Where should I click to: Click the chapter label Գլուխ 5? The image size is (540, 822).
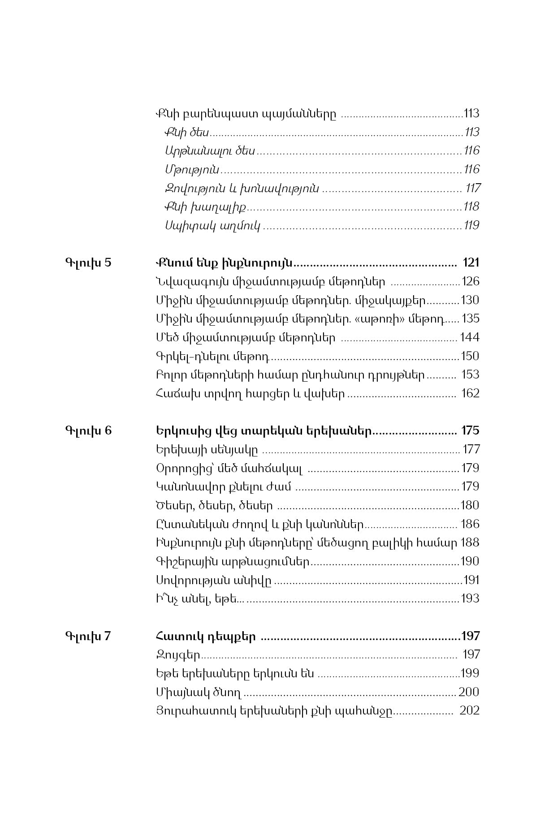[88, 263]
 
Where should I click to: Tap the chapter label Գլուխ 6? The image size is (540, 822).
[88, 431]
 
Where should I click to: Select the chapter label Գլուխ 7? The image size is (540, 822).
[87, 636]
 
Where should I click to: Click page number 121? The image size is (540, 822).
[471, 263]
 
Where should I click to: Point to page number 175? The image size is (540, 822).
[470, 431]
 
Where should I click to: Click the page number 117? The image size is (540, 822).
[473, 188]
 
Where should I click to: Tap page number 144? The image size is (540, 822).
[470, 337]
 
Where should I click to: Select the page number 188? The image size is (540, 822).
[470, 543]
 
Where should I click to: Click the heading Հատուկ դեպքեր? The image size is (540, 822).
[206, 636]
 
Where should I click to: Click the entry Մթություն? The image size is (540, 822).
[192, 170]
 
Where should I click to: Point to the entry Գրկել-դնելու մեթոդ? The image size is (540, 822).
[212, 357]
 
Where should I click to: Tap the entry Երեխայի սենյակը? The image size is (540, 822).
[207, 449]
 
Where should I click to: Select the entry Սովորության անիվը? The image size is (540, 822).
[213, 581]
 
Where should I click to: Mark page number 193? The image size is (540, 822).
[470, 599]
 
